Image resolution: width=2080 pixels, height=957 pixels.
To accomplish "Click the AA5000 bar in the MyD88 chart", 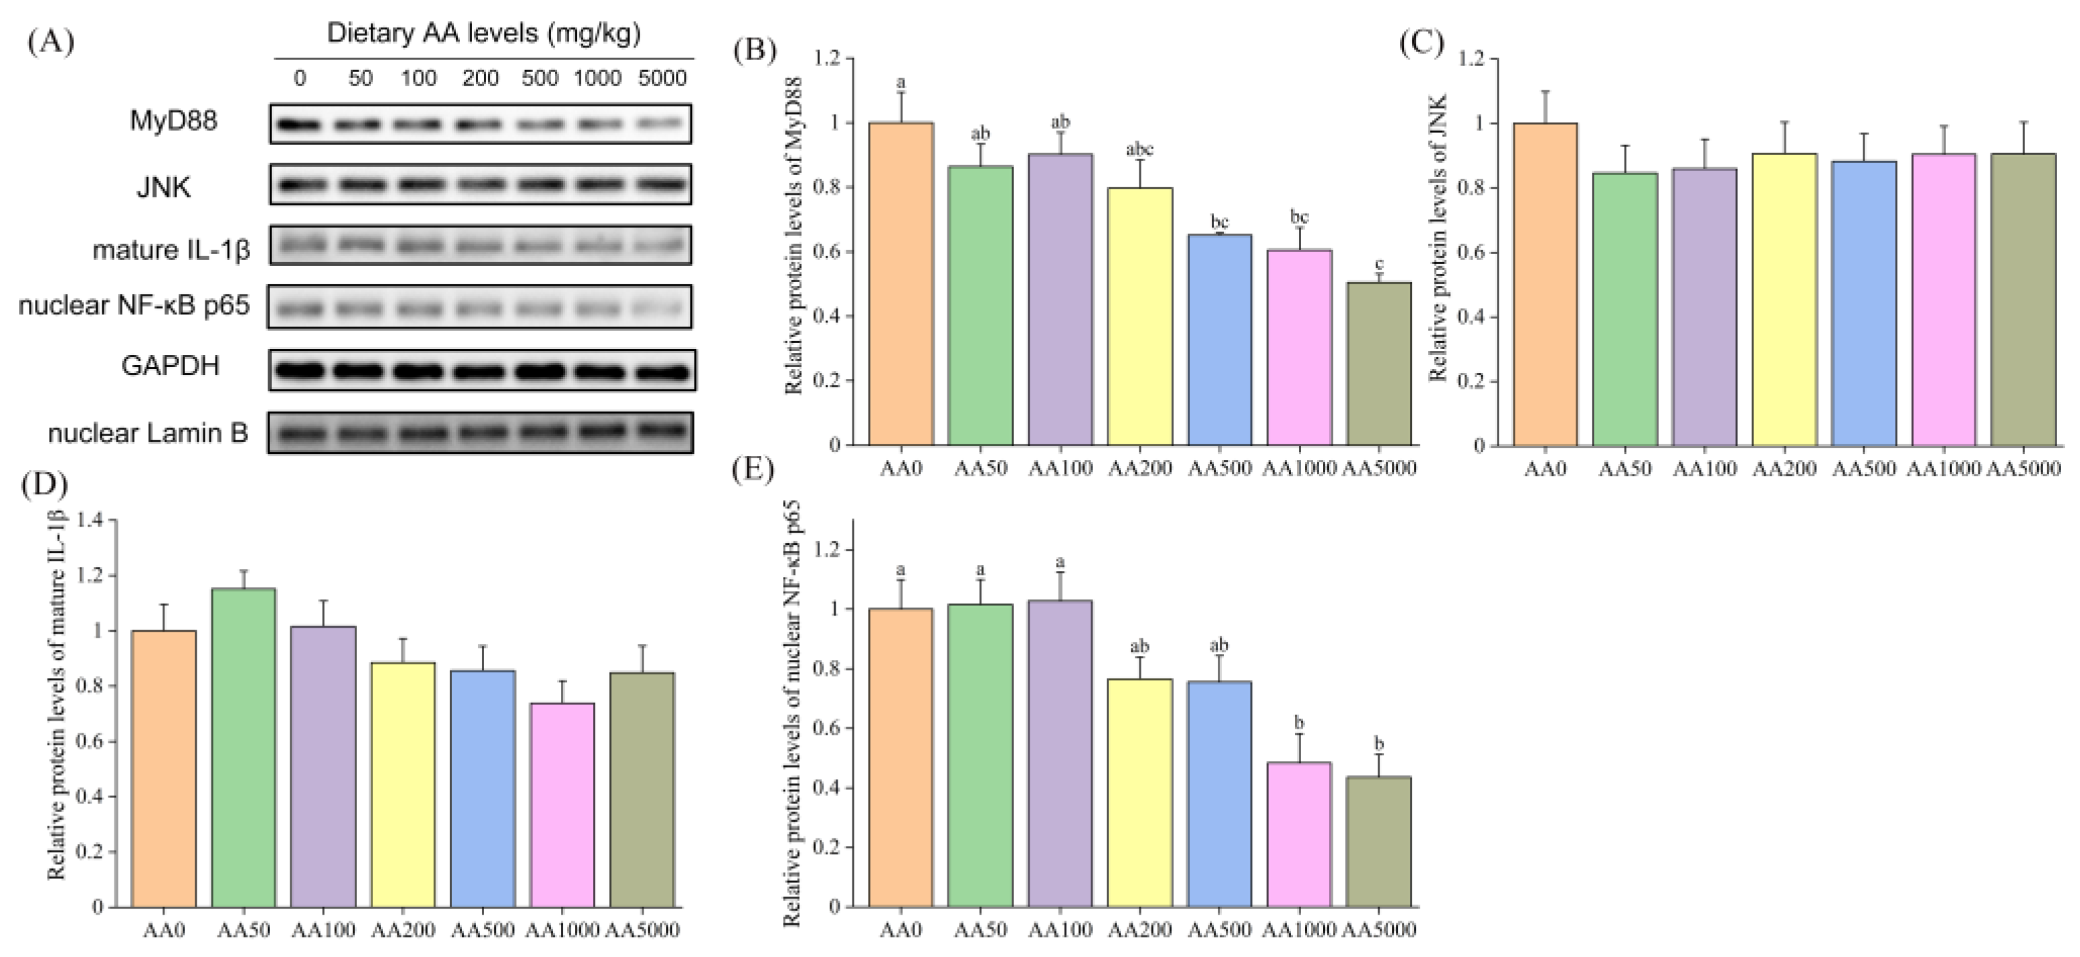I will pyautogui.click(x=1379, y=364).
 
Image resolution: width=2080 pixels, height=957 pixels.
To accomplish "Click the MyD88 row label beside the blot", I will pyautogui.click(x=174, y=122).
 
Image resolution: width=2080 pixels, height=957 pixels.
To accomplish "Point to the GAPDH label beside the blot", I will pyautogui.click(x=170, y=366).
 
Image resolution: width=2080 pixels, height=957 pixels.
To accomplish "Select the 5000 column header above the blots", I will pyautogui.click(x=662, y=78).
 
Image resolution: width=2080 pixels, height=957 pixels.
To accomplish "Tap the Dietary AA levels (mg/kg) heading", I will pyautogui.click(x=483, y=33).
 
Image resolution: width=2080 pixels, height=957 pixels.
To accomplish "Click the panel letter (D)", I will pyautogui.click(x=45, y=486).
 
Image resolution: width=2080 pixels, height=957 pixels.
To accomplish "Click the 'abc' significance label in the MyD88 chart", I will pyautogui.click(x=1139, y=150).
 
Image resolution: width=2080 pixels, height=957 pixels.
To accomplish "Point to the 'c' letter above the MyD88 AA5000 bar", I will pyautogui.click(x=1379, y=264).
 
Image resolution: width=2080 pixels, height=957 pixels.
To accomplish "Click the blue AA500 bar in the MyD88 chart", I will pyautogui.click(x=1219, y=339).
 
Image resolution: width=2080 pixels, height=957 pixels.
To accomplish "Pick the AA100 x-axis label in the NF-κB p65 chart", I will pyautogui.click(x=1060, y=929).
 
